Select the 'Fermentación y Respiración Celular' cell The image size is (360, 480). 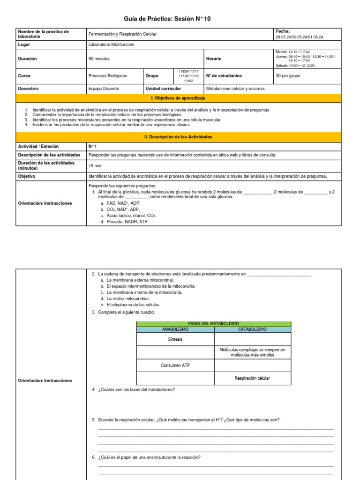pyautogui.click(x=122, y=34)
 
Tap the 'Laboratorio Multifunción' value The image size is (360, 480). pyautogui.click(x=111, y=44)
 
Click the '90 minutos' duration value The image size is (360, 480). pyautogui.click(x=99, y=59)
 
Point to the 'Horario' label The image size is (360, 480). pyautogui.click(x=214, y=59)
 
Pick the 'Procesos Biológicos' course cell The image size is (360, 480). pyautogui.click(x=107, y=75)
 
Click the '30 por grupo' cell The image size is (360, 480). pyautogui.click(x=288, y=75)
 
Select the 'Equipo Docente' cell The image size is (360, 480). pyautogui.click(x=104, y=88)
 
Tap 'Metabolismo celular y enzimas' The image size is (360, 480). pyautogui.click(x=234, y=88)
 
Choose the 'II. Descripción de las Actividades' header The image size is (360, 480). pyautogui.click(x=178, y=137)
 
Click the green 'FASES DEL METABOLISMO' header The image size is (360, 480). pyautogui.click(x=213, y=324)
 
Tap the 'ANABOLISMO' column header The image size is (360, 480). pyautogui.click(x=175, y=330)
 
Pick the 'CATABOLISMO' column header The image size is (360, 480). pyautogui.click(x=252, y=330)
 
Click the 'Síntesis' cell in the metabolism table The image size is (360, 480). pyautogui.click(x=175, y=339)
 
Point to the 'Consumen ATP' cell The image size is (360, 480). pyautogui.click(x=175, y=365)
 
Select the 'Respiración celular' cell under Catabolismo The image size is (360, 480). pyautogui.click(x=252, y=378)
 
